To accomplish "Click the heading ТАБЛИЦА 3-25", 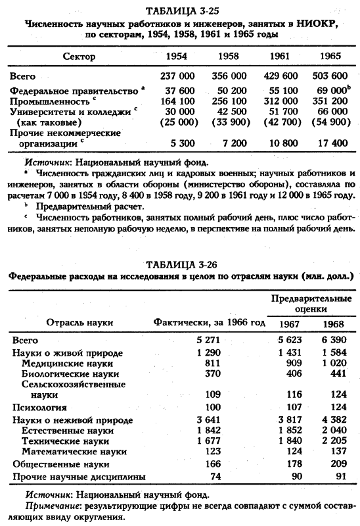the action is pyautogui.click(x=181, y=8).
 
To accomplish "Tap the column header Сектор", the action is pyautogui.click(x=80, y=57).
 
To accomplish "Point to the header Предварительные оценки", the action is pyautogui.click(x=303, y=304).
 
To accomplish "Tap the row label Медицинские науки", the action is pyautogui.click(x=67, y=363).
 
